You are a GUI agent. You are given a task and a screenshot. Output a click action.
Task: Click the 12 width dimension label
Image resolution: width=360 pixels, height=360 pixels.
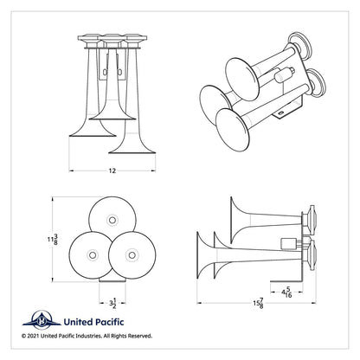111,170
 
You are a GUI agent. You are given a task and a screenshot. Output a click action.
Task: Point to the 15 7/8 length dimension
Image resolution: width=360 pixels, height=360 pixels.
258,304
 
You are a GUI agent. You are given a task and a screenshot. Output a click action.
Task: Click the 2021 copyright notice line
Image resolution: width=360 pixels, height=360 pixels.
86,334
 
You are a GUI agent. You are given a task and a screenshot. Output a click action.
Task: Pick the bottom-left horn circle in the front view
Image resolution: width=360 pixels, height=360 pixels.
93,254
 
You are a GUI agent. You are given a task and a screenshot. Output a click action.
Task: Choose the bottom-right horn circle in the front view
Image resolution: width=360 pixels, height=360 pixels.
131,254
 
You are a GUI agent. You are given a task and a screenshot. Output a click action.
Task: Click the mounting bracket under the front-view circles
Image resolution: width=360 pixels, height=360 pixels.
110,281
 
